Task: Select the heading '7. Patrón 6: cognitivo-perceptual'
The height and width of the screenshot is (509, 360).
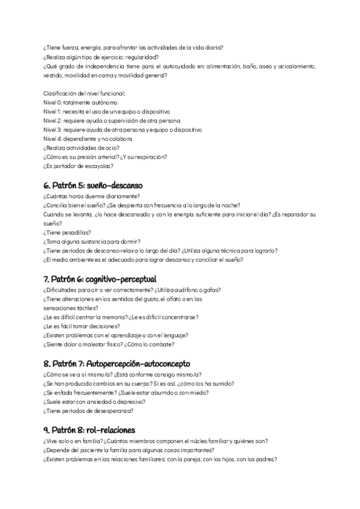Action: [100, 279]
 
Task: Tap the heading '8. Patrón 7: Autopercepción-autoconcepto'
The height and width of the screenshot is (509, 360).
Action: [116, 364]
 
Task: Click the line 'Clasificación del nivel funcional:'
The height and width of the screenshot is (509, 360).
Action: [84, 94]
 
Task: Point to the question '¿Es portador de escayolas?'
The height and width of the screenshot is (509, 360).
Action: [79, 166]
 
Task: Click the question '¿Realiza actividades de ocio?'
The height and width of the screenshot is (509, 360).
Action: [81, 148]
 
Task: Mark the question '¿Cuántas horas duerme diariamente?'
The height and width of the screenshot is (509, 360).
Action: [92, 196]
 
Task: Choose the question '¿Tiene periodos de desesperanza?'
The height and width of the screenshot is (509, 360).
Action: [88, 411]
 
